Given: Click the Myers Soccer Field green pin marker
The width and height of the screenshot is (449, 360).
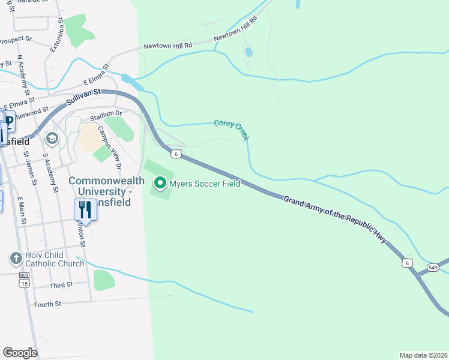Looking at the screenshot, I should point(160,182).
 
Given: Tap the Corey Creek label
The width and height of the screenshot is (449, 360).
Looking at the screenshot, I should point(232,128).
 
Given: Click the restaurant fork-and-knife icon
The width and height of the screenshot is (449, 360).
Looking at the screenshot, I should point(85,210).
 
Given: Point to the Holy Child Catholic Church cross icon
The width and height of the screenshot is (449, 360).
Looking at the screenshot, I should point(16,259).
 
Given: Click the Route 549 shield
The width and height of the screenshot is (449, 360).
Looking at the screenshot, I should point(433,267).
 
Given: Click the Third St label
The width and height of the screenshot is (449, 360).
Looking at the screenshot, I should point(61,284).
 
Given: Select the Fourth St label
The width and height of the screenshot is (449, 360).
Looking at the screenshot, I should point(48,304).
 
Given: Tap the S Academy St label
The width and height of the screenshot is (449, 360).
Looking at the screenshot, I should point(50,173).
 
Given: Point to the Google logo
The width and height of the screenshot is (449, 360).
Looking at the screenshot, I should point(20,352).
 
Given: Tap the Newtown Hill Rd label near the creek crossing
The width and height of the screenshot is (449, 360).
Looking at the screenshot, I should point(168,46).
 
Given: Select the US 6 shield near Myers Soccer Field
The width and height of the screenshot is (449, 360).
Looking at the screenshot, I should point(176,154).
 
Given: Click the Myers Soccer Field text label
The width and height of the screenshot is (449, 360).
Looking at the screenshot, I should point(205,184).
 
